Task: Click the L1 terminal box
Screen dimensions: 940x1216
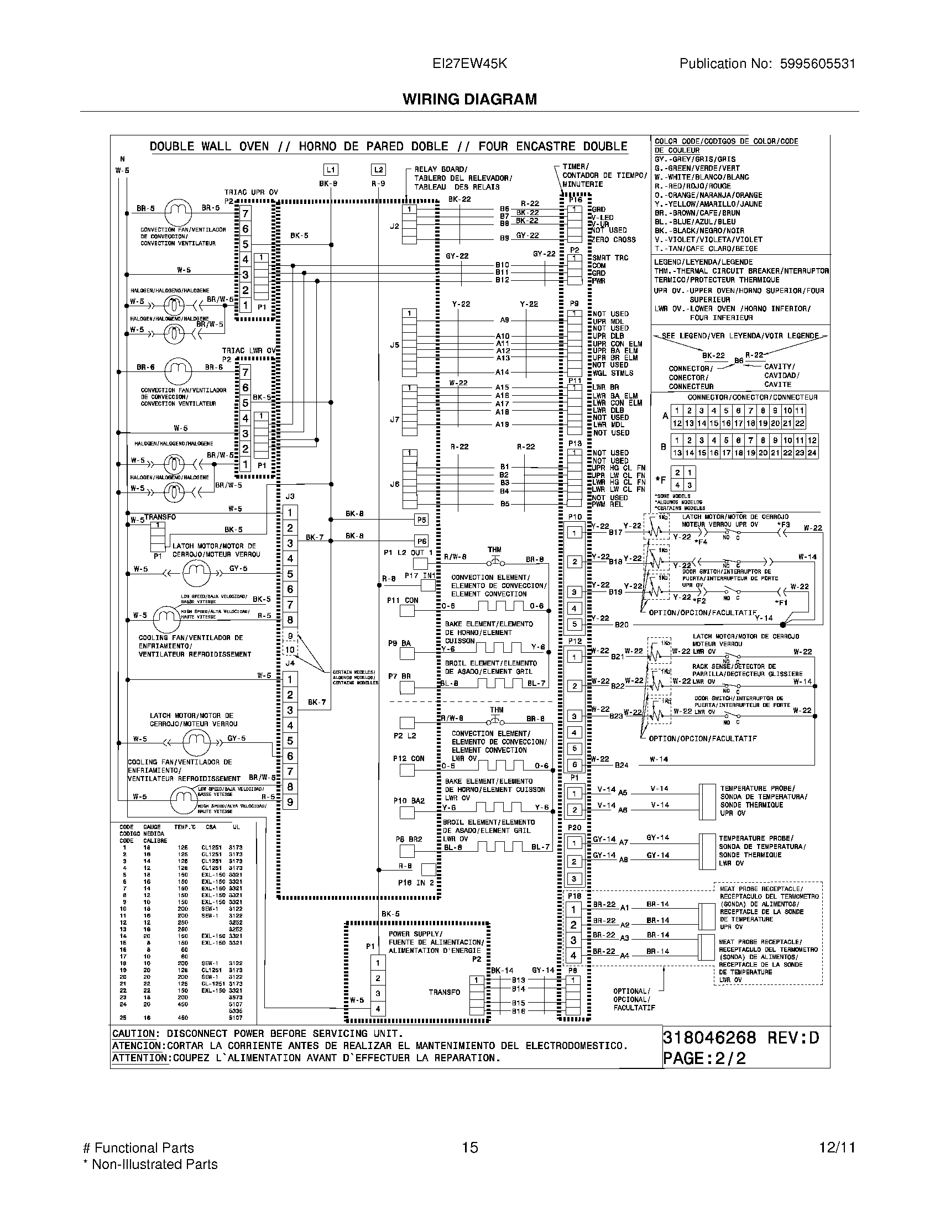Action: tap(331, 170)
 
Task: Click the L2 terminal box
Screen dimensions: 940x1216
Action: tap(378, 170)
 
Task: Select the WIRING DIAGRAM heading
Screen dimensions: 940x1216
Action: tap(469, 99)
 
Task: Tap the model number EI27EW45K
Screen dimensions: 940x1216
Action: tap(469, 64)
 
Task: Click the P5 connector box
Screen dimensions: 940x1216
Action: tap(421, 520)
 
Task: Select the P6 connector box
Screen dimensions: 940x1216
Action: tap(421, 541)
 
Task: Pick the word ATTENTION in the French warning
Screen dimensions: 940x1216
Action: tap(139, 1058)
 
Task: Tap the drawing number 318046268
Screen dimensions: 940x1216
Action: tap(709, 1037)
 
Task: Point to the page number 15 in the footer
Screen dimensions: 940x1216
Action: tap(470, 1147)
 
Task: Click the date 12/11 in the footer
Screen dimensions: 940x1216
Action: tap(837, 1147)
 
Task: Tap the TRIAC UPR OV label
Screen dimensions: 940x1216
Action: tap(250, 192)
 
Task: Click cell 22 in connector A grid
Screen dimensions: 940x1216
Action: tap(800, 423)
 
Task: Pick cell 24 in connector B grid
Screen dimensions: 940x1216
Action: tap(812, 453)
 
